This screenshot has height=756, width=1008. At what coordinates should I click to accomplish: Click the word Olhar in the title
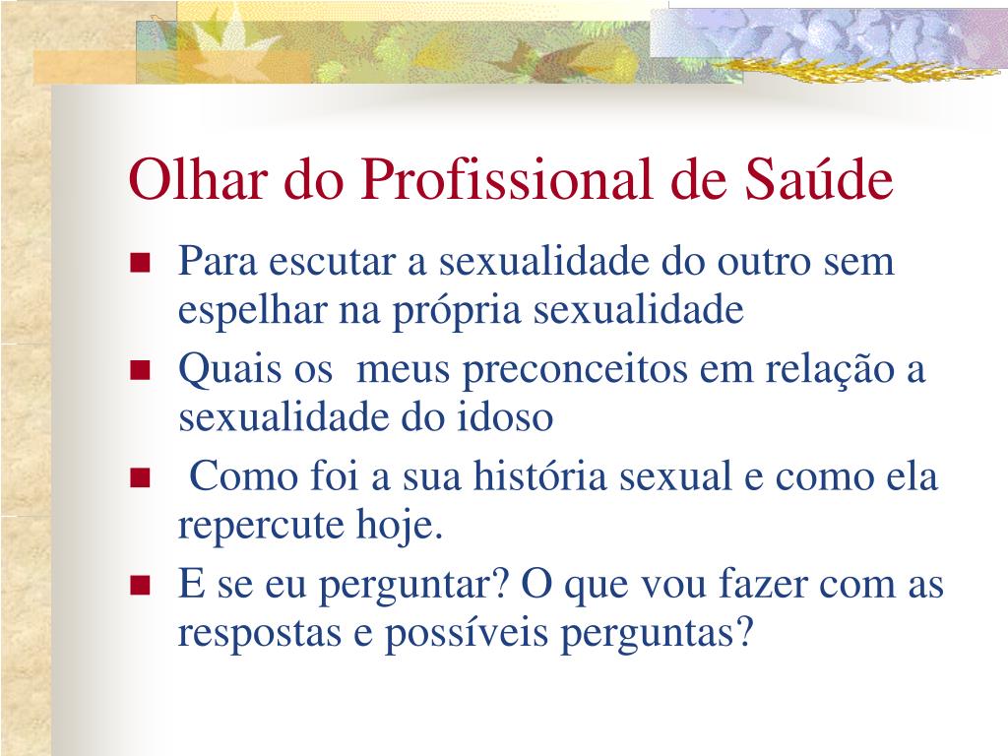(198, 178)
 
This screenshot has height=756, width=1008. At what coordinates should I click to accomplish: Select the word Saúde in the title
(819, 178)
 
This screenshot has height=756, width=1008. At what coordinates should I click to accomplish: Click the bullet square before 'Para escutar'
(140, 262)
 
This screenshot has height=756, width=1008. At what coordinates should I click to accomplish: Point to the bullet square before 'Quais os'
(140, 370)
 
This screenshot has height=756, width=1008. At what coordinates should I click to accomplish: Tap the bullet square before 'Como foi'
(140, 477)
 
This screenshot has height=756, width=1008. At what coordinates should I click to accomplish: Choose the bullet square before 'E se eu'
(140, 585)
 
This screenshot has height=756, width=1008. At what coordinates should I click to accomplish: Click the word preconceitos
(575, 371)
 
